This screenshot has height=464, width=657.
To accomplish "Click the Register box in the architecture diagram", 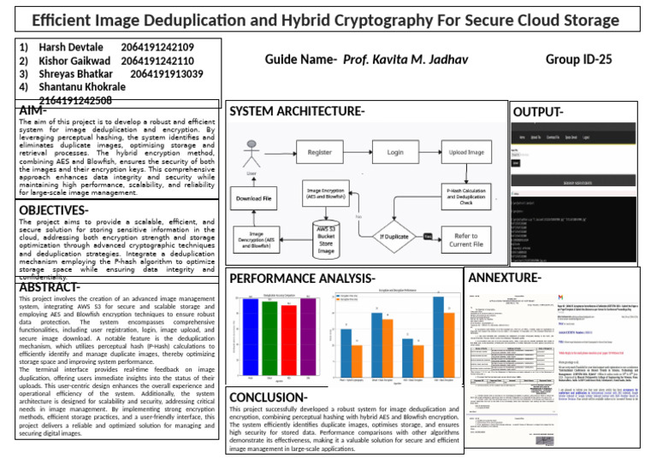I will [319, 153].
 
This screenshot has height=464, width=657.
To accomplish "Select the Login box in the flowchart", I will [394, 153].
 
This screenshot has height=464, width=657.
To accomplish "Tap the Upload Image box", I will [467, 153].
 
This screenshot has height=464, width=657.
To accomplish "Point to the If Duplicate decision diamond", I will [394, 236].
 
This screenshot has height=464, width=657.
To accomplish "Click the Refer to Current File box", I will [467, 240].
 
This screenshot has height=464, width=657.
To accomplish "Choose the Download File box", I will [256, 198].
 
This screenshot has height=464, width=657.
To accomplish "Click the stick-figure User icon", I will [252, 155].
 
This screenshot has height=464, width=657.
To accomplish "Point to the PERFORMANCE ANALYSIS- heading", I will [302, 279].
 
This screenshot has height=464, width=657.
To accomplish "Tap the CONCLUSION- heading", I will [269, 397].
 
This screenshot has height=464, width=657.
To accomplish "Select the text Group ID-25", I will [579, 59].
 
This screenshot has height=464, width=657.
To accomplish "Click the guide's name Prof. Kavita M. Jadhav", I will [405, 59].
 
